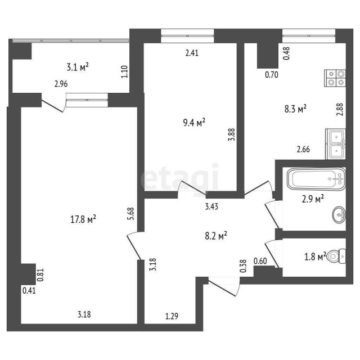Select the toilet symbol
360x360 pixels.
(x=337, y=256)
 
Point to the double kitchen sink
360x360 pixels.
(x=335, y=144)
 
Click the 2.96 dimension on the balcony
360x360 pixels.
(x=61, y=85)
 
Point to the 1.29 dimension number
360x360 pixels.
(x=172, y=316)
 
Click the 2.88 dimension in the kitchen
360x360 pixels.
(x=339, y=109)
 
